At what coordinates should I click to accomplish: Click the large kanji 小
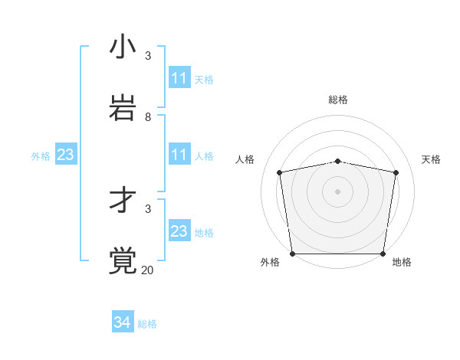click(123, 47)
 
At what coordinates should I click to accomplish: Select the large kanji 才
click(123, 201)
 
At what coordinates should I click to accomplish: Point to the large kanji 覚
click(123, 260)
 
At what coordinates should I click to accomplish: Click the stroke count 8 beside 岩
click(148, 117)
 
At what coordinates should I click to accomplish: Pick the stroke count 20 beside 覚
click(147, 270)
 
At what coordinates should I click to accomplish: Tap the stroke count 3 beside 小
click(148, 56)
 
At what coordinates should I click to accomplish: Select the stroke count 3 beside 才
click(148, 208)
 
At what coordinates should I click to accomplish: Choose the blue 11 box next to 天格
click(179, 78)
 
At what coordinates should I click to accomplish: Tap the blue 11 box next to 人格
click(179, 155)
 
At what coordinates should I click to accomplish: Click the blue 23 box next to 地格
click(179, 231)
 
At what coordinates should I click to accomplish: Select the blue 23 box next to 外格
click(65, 155)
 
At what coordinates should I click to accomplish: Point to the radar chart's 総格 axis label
click(338, 100)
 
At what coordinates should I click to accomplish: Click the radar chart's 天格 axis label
click(431, 159)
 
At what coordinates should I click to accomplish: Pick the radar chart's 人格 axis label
click(245, 159)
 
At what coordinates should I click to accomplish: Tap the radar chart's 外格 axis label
click(270, 263)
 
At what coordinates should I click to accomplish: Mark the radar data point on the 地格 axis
click(383, 254)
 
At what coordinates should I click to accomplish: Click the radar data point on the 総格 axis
click(338, 161)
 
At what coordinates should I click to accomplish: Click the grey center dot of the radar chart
click(338, 191)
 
